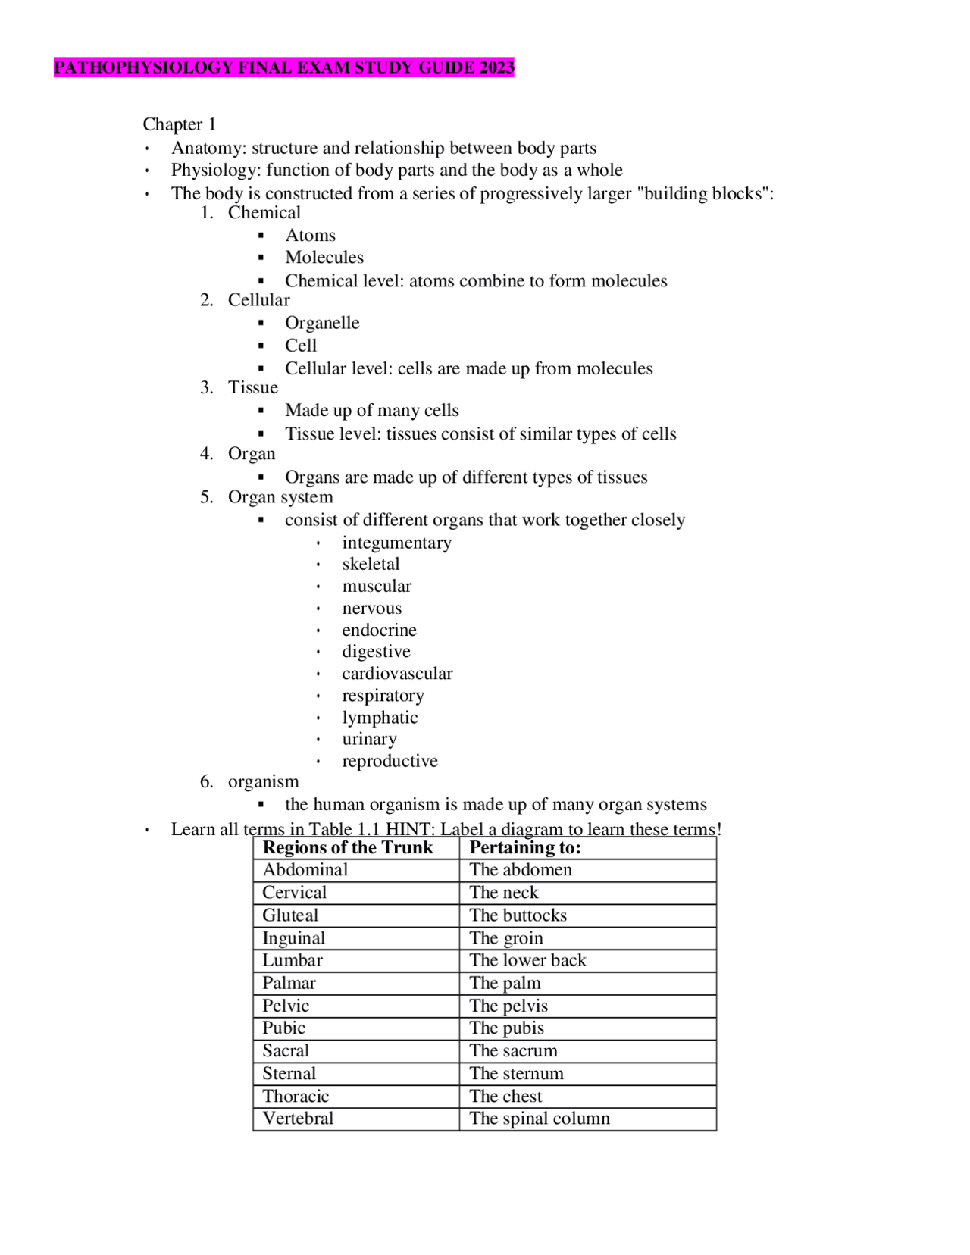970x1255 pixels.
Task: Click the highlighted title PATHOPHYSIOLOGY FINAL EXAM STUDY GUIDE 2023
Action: tap(283, 67)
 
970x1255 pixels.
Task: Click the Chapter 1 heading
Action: tap(179, 124)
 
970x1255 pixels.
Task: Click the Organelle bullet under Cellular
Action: tap(322, 323)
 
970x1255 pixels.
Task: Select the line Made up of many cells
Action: tap(371, 411)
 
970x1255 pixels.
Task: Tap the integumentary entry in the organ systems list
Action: tap(396, 543)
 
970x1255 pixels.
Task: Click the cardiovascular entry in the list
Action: tap(397, 674)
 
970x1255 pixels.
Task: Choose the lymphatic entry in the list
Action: tap(380, 718)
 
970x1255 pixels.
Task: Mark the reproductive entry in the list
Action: tap(390, 761)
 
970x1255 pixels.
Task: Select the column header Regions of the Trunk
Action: tap(348, 848)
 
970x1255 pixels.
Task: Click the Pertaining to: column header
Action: tap(524, 848)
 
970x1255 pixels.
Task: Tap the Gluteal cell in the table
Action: tap(290, 915)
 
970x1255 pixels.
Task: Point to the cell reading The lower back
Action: tap(527, 960)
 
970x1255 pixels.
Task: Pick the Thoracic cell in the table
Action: tap(296, 1097)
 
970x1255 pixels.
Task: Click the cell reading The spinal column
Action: tap(539, 1119)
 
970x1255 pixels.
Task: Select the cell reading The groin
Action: tap(505, 938)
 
